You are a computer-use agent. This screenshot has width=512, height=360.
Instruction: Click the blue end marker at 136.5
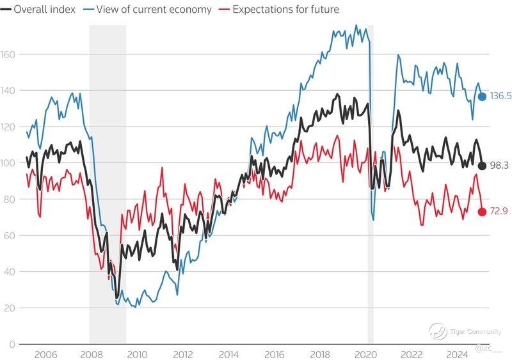482,97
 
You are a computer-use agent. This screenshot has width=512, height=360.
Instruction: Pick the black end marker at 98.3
482,166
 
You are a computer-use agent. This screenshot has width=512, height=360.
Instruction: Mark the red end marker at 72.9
482,212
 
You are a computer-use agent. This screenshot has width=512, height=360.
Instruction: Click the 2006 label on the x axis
44,354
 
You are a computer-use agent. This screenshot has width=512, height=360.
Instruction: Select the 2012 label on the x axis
182,354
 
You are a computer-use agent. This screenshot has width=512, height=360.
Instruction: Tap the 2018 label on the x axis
320,354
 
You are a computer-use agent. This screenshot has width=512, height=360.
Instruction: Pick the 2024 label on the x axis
457,354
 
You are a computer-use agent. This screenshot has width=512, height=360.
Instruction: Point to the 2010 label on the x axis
136,354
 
